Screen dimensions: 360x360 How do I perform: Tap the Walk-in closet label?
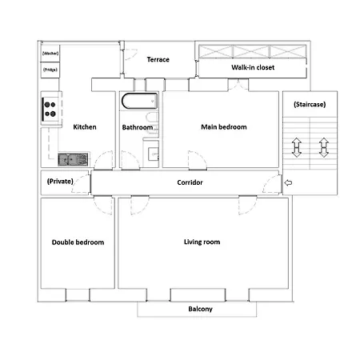coord(253,68)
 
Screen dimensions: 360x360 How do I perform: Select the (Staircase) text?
coord(310,104)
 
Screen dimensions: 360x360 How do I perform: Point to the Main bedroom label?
coord(224,127)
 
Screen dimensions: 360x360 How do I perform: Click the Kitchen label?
coord(85,127)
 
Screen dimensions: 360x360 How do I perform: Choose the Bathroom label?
coord(137,127)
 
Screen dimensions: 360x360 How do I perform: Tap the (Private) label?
coord(61,182)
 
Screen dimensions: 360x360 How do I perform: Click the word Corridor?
coord(190,183)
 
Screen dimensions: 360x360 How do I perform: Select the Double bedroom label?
coord(78,242)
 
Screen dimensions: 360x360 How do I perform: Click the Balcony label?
coord(200,309)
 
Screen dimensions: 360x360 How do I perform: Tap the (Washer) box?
coord(50,54)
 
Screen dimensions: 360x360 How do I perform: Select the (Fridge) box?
coord(50,70)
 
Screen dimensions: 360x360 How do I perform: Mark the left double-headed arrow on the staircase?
coord(297,148)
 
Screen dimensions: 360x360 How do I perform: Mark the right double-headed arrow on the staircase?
coord(324,148)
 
